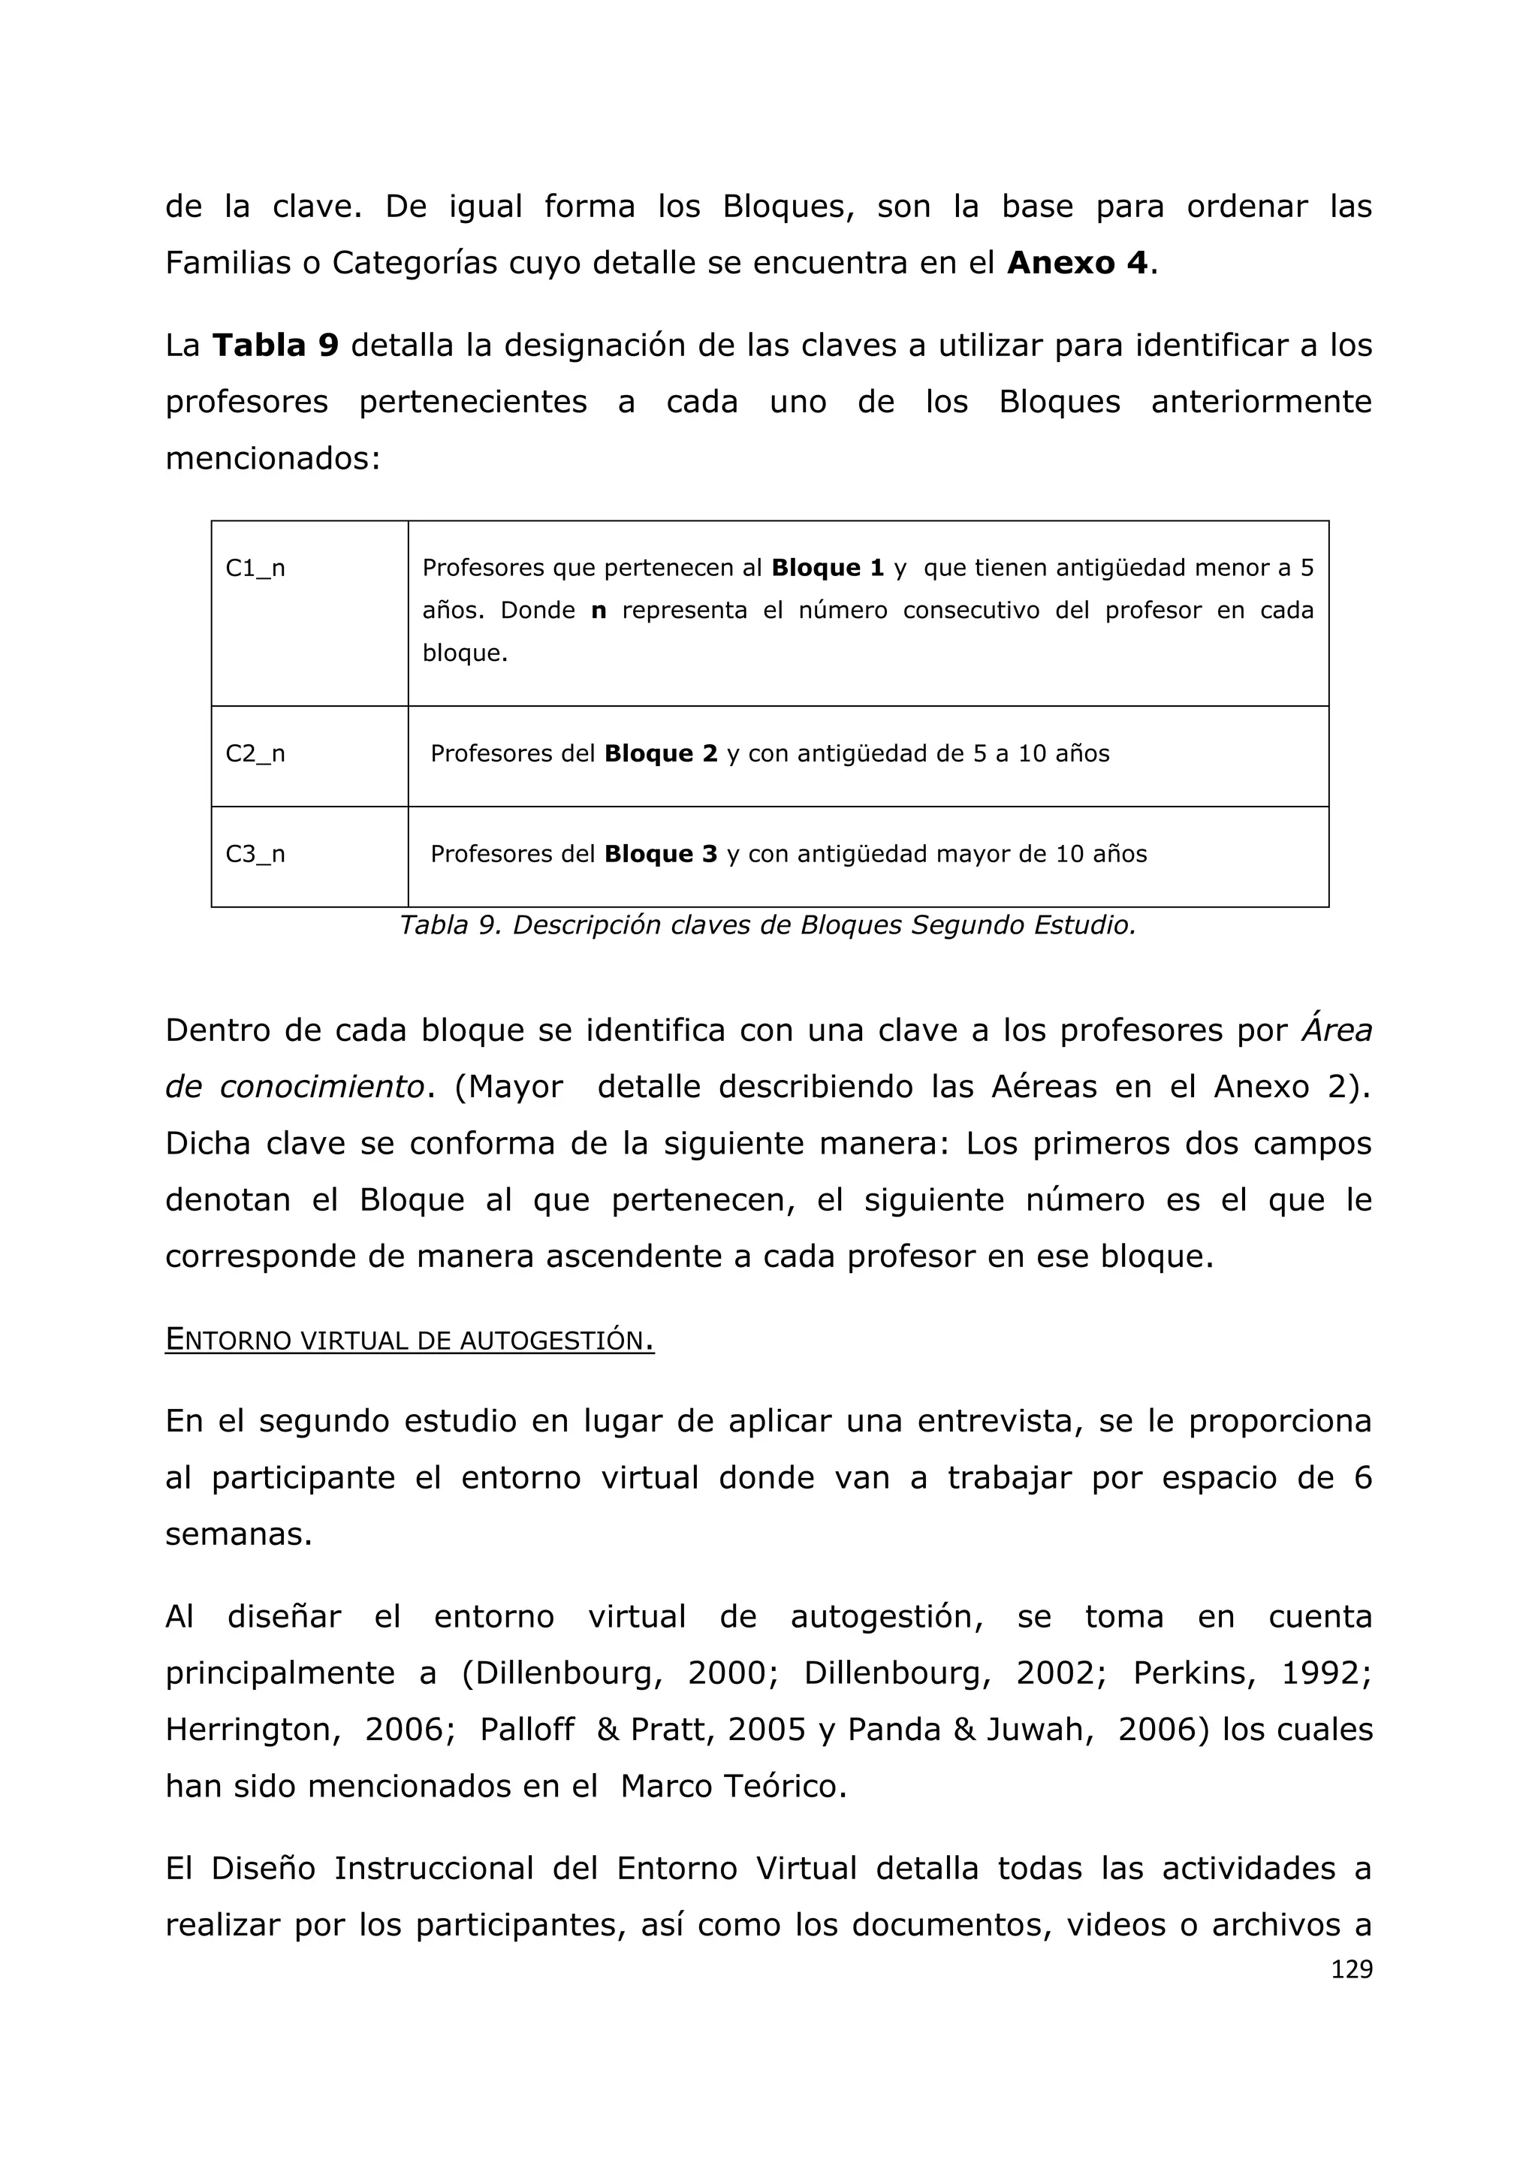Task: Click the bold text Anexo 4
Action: point(1078,262)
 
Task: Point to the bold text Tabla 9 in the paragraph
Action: point(275,345)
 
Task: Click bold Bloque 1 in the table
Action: point(828,569)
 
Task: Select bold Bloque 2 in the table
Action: point(661,754)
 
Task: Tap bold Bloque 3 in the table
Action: point(661,855)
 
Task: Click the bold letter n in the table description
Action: point(599,611)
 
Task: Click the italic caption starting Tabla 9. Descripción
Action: point(767,925)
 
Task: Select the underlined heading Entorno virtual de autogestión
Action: point(409,1341)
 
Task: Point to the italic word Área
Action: point(1336,1030)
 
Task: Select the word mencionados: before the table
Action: point(273,458)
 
